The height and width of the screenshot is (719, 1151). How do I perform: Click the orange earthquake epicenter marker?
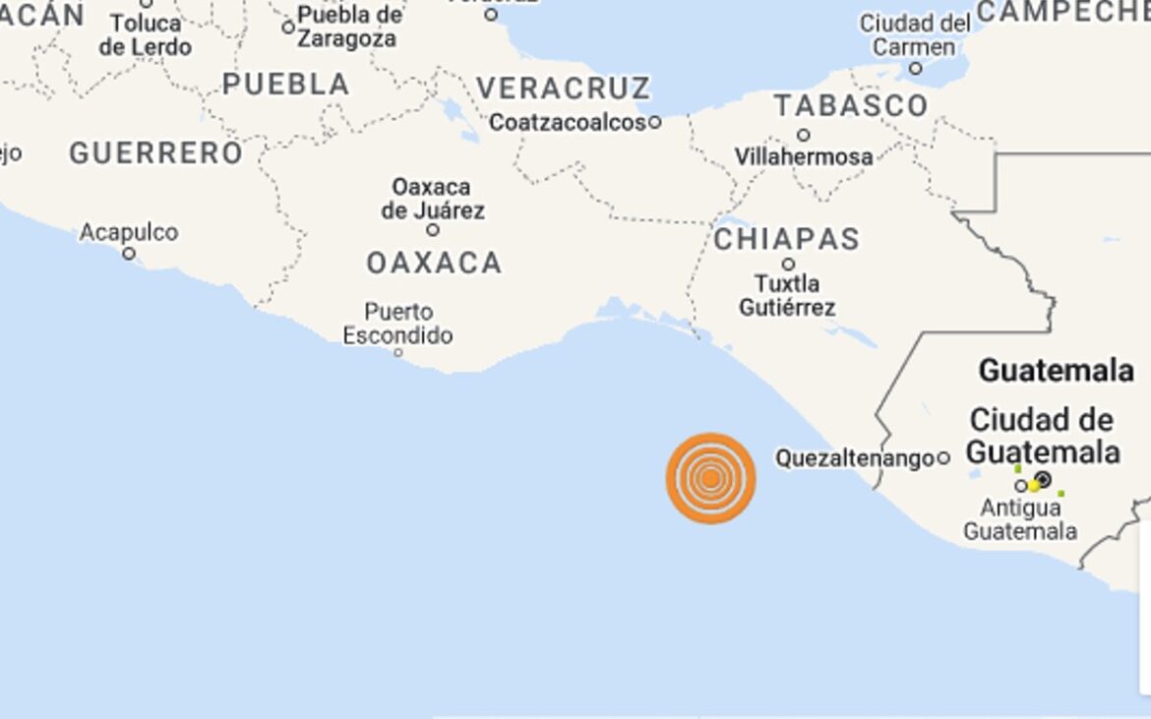point(710,478)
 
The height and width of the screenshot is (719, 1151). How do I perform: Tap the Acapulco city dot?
point(128,254)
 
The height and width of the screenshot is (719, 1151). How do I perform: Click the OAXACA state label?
point(434,264)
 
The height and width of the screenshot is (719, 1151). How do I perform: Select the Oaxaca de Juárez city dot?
point(432,230)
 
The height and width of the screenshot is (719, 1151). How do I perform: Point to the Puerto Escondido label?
point(397,324)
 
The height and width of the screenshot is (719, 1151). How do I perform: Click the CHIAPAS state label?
point(786,239)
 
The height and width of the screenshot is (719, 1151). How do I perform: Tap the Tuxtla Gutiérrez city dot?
point(788,264)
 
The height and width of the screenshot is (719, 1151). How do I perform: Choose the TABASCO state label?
point(850,105)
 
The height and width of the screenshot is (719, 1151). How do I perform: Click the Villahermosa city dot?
point(804,135)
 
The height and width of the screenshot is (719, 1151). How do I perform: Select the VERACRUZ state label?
point(563,88)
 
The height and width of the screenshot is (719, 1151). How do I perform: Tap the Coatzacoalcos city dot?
point(654,123)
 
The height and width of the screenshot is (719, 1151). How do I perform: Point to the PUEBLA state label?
point(285,85)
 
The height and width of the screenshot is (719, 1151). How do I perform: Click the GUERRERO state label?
point(155,153)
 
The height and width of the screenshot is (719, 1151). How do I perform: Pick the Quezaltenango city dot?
point(942,457)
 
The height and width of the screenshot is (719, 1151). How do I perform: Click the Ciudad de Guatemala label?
point(1043,436)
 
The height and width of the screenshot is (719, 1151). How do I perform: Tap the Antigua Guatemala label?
point(1020,519)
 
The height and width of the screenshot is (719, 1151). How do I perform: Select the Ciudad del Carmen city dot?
point(915,69)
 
